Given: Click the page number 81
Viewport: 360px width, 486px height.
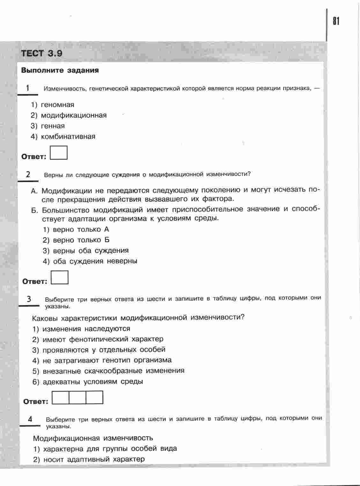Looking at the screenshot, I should (336, 21).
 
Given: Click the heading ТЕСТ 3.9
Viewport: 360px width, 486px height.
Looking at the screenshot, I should (41, 54).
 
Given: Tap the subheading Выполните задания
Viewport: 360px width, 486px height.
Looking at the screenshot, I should (60, 70).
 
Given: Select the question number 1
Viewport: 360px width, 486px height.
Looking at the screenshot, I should (28, 88).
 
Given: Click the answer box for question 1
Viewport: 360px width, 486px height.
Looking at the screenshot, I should (59, 153).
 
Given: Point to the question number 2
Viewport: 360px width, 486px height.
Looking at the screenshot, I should (28, 174).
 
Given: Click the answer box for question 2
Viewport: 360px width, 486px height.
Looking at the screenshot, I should (60, 277).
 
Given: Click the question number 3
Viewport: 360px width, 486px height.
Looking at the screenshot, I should (29, 299).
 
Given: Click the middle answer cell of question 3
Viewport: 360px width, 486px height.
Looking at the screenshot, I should (77, 397).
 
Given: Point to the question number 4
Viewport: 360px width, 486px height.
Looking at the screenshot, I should (30, 419).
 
